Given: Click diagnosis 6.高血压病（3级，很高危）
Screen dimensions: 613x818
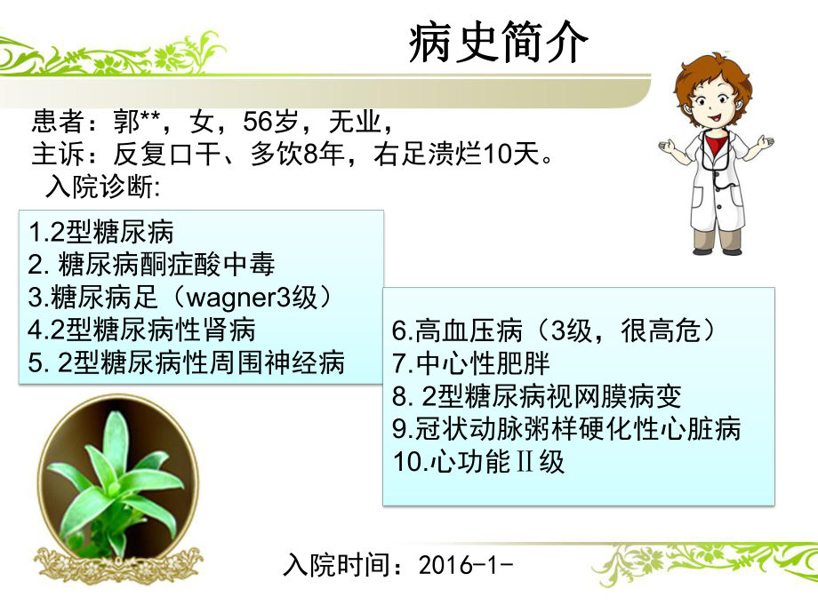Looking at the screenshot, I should [x=553, y=330].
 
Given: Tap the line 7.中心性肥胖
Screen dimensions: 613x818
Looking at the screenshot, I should [x=471, y=363].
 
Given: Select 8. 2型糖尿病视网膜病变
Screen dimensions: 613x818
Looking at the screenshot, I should [x=537, y=396].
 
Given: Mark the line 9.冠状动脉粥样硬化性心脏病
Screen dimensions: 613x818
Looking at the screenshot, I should [x=566, y=429].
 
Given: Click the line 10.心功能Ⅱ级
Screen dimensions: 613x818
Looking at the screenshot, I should [x=478, y=462].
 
